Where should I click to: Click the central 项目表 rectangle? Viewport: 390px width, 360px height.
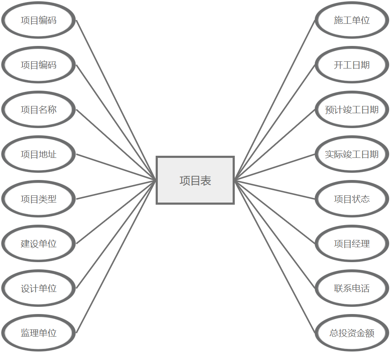(x=195, y=180)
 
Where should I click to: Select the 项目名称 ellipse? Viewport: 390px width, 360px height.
(x=39, y=110)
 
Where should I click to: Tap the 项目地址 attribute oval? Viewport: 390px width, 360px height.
(x=39, y=154)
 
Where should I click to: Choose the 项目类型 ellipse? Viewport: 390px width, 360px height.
(x=39, y=199)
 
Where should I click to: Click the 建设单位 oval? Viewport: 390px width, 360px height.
(x=39, y=244)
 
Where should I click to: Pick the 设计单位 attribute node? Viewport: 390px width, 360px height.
(x=39, y=289)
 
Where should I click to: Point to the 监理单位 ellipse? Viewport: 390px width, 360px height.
(x=39, y=333)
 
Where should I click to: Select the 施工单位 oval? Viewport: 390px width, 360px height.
(x=352, y=20)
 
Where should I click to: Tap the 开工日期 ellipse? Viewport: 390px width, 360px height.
(x=352, y=65)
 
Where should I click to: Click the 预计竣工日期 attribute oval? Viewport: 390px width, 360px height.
(x=352, y=110)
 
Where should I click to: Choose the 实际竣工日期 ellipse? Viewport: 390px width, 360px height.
(x=352, y=154)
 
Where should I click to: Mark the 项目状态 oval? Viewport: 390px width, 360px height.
(x=352, y=199)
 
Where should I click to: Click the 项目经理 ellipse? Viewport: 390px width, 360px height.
(x=352, y=244)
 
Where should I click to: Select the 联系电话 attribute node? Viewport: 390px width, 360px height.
(x=352, y=289)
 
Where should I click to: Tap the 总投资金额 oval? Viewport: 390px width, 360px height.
(x=352, y=333)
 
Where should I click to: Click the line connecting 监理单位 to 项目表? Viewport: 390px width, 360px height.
(x=116, y=257)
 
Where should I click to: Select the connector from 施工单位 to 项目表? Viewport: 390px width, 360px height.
(x=275, y=100)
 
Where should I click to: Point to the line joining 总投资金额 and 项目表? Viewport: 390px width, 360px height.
(x=275, y=257)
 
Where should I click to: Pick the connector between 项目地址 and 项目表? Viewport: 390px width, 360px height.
(x=116, y=167)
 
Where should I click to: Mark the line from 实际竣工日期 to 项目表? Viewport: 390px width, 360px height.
(x=275, y=167)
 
